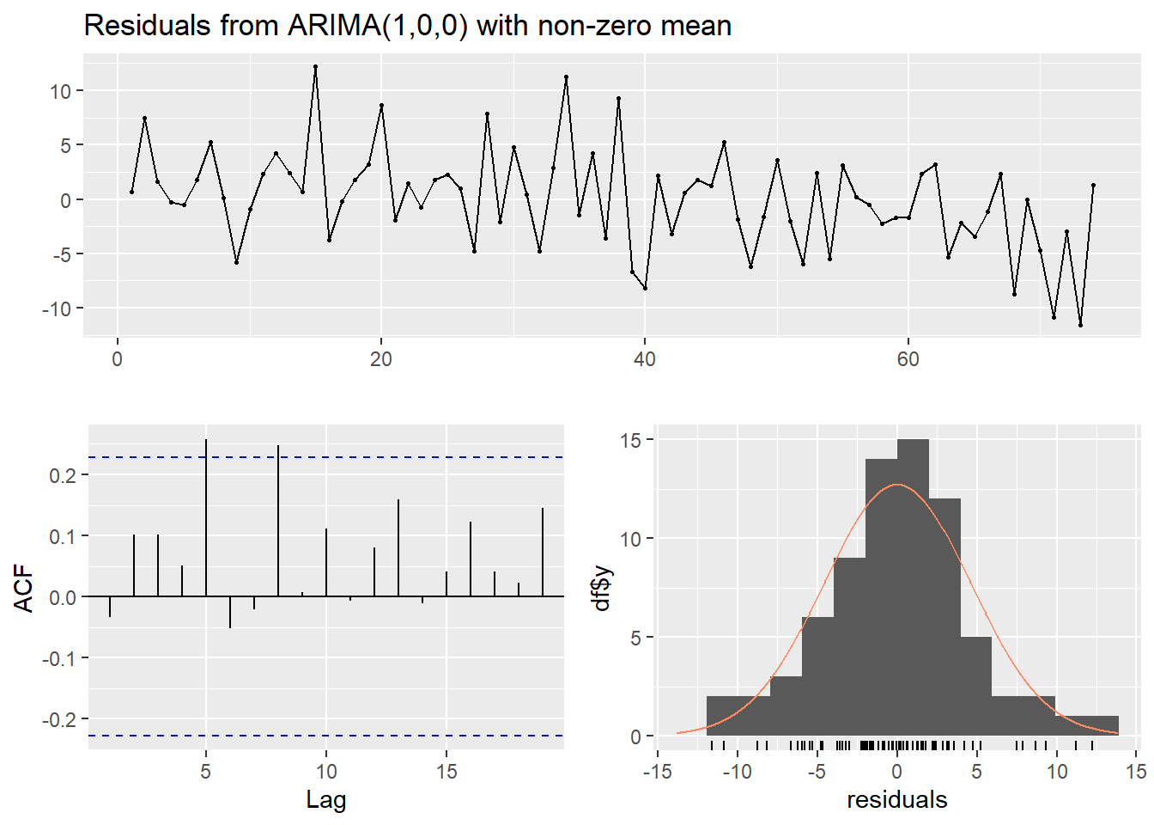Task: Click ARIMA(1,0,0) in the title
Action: (x=378, y=26)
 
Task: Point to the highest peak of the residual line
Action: (x=315, y=67)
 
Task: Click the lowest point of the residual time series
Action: (x=1080, y=325)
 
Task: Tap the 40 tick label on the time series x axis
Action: (x=644, y=359)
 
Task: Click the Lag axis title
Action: (x=325, y=800)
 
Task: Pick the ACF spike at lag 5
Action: (x=206, y=516)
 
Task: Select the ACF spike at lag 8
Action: (x=278, y=520)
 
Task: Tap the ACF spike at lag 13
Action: (x=398, y=547)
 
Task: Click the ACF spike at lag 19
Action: (x=543, y=552)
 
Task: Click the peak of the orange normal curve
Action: (x=897, y=485)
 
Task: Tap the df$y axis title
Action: (x=603, y=588)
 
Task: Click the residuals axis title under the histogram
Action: (x=896, y=800)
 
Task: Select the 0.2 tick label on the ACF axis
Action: (x=63, y=475)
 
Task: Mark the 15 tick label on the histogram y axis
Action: (x=631, y=440)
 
